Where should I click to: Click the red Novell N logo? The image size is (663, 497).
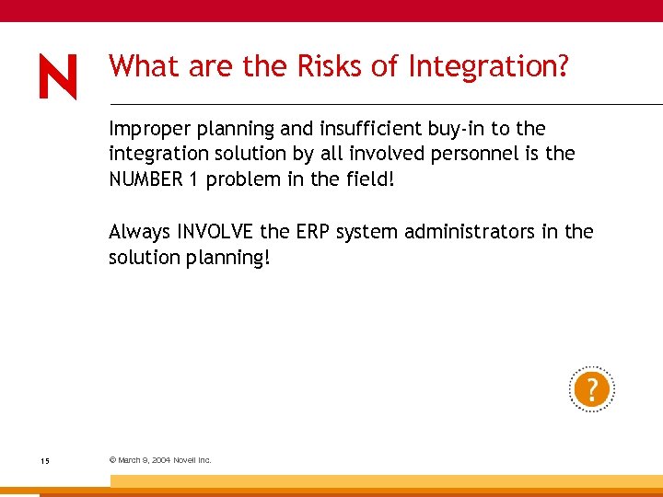click(x=58, y=75)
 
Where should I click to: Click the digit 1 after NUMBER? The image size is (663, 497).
click(x=194, y=179)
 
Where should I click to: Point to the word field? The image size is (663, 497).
click(x=367, y=179)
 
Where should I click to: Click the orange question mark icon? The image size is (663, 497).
click(x=591, y=388)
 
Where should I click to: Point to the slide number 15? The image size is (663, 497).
click(x=44, y=460)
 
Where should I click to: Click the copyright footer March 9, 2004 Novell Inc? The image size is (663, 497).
click(x=160, y=460)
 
